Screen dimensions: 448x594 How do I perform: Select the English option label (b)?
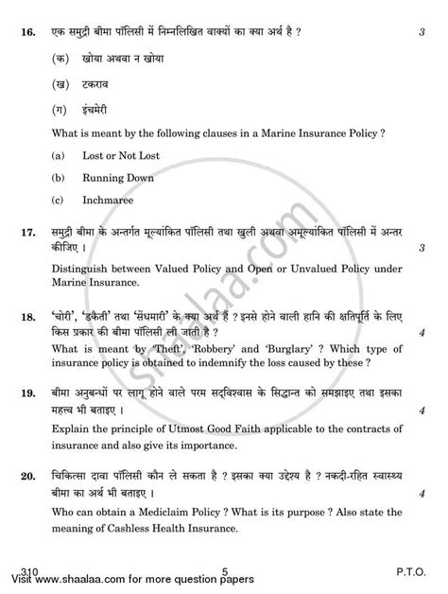click(61, 176)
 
